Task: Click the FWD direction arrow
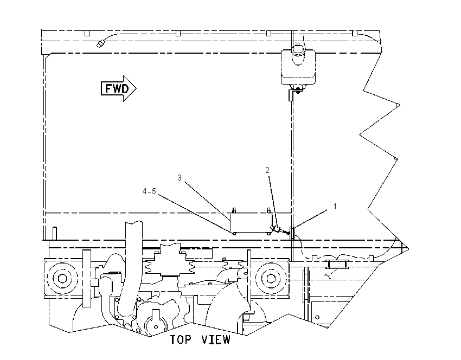pos(118,88)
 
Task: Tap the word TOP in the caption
pos(181,340)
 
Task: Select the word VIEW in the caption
pos(216,340)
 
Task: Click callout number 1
pos(335,207)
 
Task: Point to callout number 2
pos(267,170)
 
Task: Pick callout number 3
pos(180,178)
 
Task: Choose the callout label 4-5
pos(149,191)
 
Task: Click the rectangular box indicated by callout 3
pos(251,222)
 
